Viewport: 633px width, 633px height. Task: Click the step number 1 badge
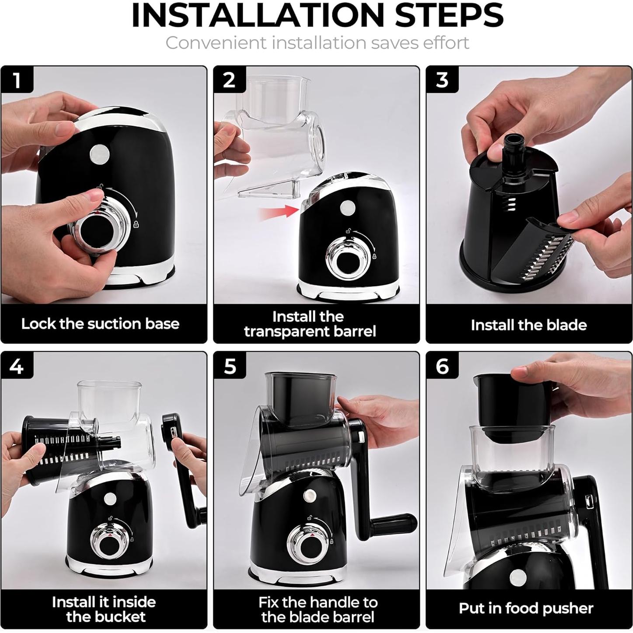pos(17,80)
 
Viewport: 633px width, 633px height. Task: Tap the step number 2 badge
pos(229,80)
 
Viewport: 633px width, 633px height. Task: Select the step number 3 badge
pos(442,80)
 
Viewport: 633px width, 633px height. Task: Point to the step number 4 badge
pos(17,365)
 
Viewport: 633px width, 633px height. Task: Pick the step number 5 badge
pos(229,365)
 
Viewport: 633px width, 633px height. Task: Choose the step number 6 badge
pos(442,365)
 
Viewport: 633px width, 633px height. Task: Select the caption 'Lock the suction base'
pos(101,324)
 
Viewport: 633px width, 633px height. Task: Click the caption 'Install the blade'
pos(529,325)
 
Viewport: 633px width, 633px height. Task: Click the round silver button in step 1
pos(100,154)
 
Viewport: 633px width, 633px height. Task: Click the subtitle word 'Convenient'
pos(216,43)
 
